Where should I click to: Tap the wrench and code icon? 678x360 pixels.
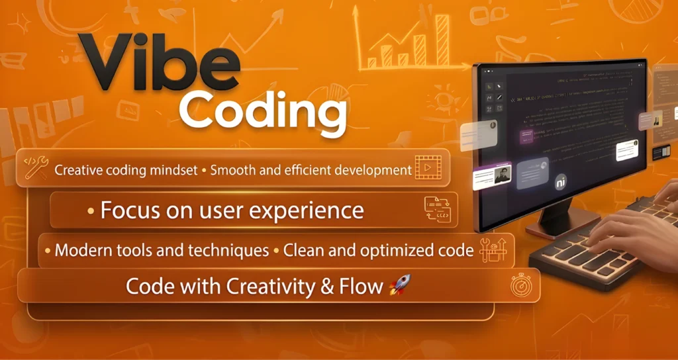[x=34, y=168]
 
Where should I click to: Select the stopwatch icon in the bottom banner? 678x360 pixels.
[x=521, y=285]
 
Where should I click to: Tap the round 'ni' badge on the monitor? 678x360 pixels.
[x=561, y=182]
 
